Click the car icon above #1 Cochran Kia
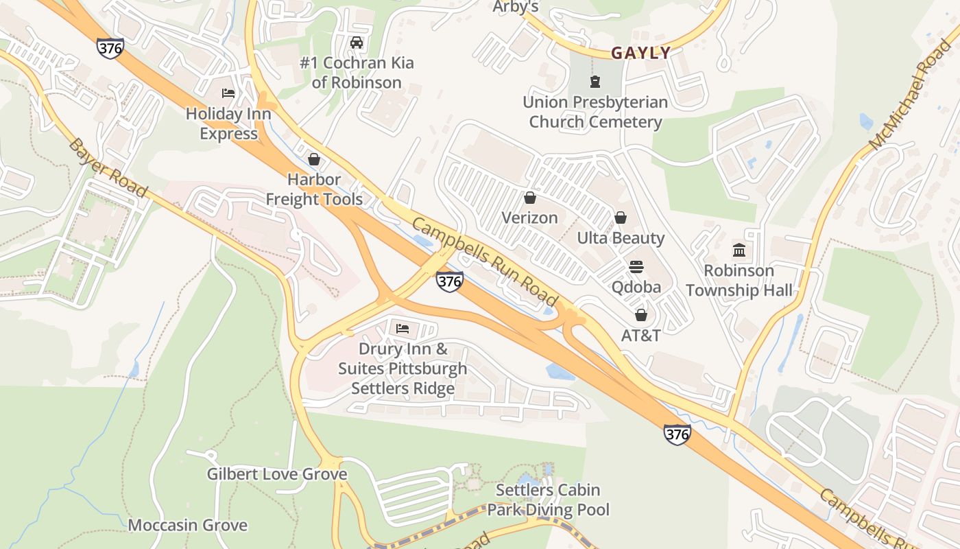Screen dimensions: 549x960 [x=356, y=43]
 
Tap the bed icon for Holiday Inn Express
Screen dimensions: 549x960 [x=228, y=93]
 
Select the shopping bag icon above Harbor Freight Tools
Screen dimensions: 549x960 [x=314, y=159]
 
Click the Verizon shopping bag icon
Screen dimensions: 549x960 [x=529, y=198]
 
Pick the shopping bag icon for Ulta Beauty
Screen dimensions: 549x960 [x=621, y=218]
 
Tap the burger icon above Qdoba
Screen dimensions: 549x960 [x=636, y=266]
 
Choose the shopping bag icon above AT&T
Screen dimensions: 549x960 [x=640, y=315]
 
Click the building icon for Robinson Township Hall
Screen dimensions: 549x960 [x=739, y=250]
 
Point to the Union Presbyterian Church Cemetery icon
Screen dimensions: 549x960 [x=595, y=82]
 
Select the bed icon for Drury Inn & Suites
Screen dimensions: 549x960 [x=403, y=329]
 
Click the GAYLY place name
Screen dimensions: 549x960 [x=640, y=53]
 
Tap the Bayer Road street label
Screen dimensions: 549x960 [x=108, y=167]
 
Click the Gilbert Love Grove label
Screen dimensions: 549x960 [x=277, y=474]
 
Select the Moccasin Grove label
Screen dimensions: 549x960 [x=188, y=526]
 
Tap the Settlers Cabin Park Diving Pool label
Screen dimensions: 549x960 [x=548, y=500]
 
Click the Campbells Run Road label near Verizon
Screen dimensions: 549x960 [x=485, y=261]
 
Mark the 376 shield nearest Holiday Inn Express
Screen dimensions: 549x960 [x=110, y=48]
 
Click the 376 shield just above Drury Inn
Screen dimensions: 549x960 [x=449, y=281]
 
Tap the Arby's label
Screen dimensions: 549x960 [x=516, y=7]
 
